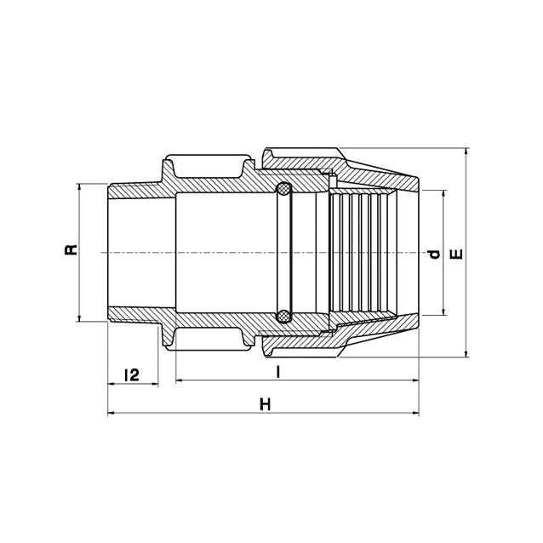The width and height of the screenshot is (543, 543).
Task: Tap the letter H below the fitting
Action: (265, 405)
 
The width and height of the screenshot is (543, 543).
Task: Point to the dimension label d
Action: (433, 254)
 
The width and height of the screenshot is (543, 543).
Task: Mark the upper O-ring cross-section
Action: (283, 189)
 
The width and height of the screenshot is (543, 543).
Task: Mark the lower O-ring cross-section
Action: (283, 317)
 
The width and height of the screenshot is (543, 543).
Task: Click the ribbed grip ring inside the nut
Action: (362, 253)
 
